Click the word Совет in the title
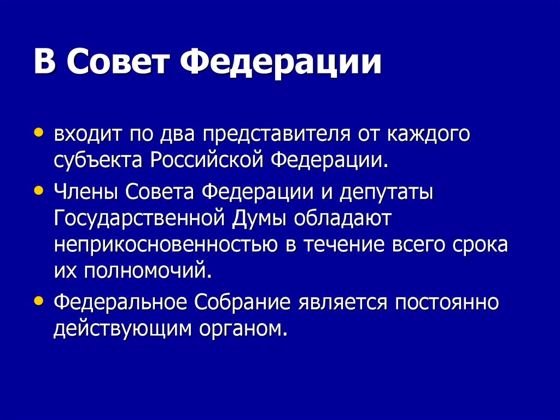pyautogui.click(x=118, y=60)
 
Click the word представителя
pyautogui.click(x=276, y=135)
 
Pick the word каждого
pyautogui.click(x=429, y=135)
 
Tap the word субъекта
pyautogui.click(x=98, y=161)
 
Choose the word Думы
pyautogui.click(x=260, y=219)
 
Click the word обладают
pyautogui.click(x=343, y=218)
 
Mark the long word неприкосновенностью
pyautogui.click(x=166, y=245)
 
